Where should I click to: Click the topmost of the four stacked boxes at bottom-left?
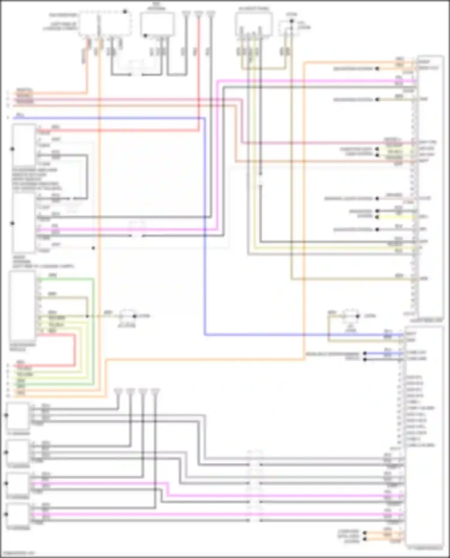click(x=18, y=416)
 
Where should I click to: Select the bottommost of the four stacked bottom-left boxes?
click(x=18, y=514)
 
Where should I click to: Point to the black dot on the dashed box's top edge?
click(x=125, y=12)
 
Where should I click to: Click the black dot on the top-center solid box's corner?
click(x=145, y=36)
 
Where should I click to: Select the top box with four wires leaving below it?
click(x=253, y=24)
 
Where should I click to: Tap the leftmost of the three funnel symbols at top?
click(x=186, y=14)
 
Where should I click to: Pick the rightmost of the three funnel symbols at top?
click(x=211, y=14)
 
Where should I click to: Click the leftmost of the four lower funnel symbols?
click(x=118, y=392)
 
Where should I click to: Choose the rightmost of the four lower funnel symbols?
click(x=155, y=392)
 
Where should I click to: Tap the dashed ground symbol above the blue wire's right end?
click(x=350, y=316)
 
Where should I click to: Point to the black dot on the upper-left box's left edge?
click(x=12, y=149)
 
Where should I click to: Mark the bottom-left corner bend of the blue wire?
click(x=205, y=334)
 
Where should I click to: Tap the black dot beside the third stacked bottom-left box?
click(x=6, y=483)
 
